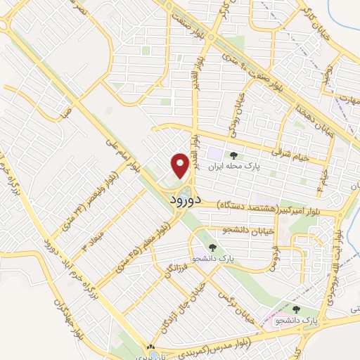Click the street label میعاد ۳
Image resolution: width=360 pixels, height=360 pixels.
(x=94, y=239)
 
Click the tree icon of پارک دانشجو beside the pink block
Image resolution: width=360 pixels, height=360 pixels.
(x=296, y=309)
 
